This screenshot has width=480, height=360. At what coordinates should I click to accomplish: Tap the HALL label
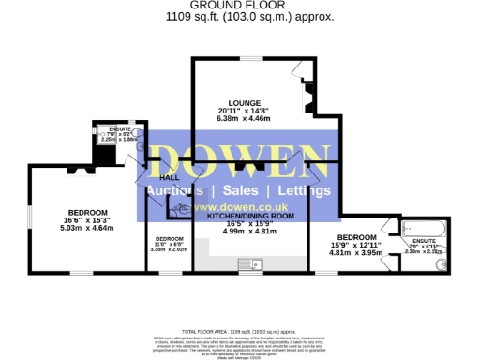click(170, 177)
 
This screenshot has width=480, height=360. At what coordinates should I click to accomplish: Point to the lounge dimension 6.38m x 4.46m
click(243, 119)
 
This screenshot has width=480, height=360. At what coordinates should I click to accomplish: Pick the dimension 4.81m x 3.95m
click(357, 252)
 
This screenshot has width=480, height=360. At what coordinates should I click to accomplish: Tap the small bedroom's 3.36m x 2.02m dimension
click(170, 249)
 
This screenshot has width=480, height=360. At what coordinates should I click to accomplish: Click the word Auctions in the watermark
click(178, 190)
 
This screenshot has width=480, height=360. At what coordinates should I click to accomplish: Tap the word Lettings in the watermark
click(300, 190)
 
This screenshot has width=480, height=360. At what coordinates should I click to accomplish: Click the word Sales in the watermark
click(240, 190)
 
